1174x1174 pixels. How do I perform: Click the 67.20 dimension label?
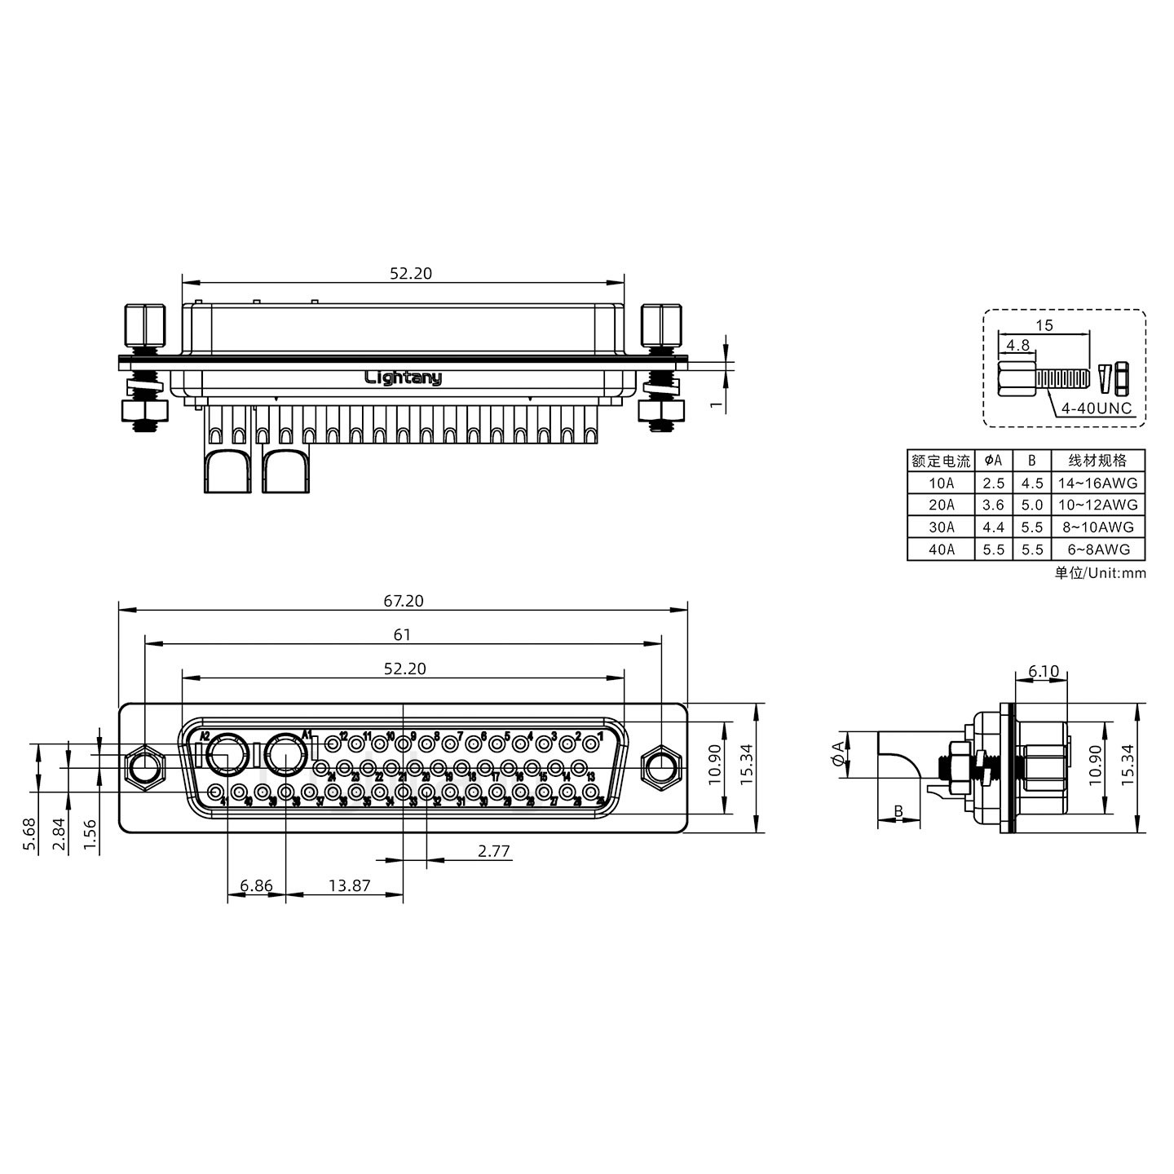404,601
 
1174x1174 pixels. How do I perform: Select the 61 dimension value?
402,634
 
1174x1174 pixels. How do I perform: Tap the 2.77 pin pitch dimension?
493,851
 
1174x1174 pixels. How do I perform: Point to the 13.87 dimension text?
349,885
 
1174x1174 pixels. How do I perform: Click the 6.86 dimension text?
256,885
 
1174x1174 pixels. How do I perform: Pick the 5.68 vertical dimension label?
30,835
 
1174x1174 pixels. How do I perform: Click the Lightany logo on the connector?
403,377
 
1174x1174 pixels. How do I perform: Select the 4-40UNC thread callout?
1097,408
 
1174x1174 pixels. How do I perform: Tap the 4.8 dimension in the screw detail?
1017,345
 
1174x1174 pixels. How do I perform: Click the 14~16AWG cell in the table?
1097,483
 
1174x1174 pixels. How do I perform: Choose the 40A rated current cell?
941,549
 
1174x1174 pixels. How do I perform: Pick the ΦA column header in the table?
993,461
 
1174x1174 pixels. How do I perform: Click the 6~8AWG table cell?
1097,549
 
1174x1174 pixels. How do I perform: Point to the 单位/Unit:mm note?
1100,572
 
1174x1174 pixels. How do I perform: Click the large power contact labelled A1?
285,755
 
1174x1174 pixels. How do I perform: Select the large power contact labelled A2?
227,755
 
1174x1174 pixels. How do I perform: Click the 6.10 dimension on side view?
1043,672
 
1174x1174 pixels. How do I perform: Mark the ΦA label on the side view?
838,754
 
